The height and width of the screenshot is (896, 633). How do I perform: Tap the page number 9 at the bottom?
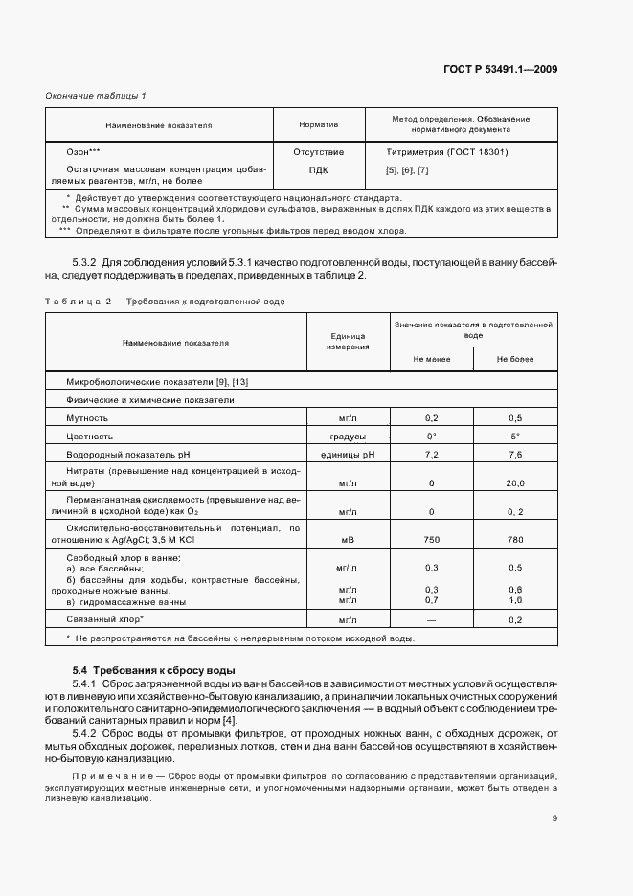554,818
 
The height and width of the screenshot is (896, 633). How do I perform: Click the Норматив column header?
318,124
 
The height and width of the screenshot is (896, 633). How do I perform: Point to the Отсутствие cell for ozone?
318,152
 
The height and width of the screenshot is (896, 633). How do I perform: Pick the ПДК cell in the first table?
318,170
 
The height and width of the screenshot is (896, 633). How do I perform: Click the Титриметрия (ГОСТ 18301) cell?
446,152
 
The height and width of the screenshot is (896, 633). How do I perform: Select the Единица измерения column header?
348,342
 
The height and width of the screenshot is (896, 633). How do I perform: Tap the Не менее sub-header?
431,359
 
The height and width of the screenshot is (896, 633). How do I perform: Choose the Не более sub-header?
515,359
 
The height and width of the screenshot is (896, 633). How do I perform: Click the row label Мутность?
87,418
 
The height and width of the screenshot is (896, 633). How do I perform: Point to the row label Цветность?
89,436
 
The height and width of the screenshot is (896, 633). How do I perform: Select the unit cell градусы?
348,436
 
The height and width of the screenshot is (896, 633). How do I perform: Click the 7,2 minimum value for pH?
431,454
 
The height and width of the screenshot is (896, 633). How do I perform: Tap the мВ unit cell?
348,540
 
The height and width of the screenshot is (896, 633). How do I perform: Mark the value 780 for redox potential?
515,540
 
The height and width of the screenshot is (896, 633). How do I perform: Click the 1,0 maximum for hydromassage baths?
515,600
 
